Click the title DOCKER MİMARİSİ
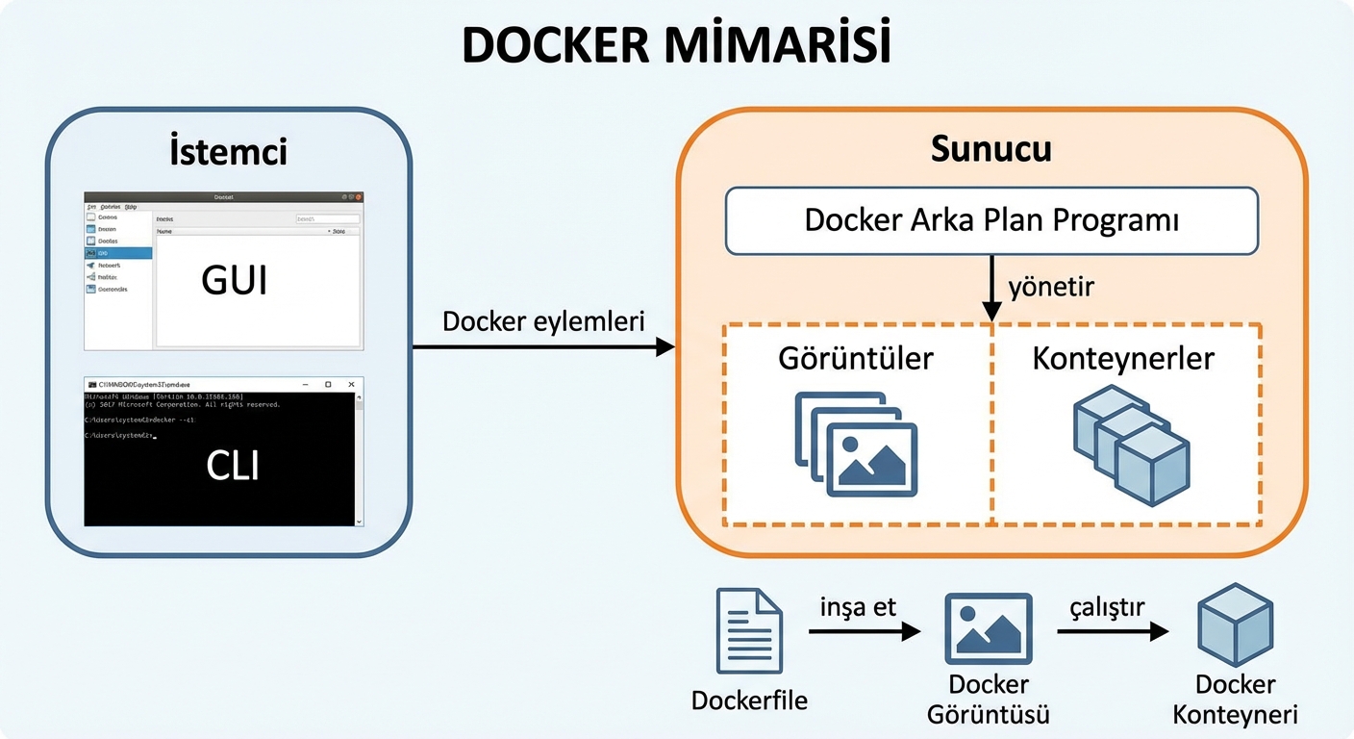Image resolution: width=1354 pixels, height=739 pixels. coord(676,45)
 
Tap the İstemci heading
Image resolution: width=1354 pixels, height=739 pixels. coord(228,151)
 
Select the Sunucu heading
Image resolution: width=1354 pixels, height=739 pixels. coord(990,149)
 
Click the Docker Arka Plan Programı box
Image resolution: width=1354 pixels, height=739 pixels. coord(991,220)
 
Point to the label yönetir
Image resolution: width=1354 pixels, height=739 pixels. coord(1051,287)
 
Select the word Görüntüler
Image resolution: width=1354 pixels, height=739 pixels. coord(856,358)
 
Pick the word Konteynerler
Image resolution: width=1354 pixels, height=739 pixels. coord(1123,358)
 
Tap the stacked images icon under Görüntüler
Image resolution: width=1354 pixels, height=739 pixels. coord(855,444)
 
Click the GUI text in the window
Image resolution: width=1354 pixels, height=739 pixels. coord(234,280)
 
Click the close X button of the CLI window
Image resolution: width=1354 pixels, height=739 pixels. coord(351,384)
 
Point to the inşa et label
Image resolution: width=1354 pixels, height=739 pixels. coord(858,606)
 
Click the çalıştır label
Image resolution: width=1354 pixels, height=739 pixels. coord(1106,607)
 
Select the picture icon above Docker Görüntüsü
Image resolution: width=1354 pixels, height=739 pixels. coord(988,628)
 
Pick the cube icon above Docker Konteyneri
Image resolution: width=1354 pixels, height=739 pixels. coord(1235,625)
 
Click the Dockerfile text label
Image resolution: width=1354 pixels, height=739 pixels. coord(749,700)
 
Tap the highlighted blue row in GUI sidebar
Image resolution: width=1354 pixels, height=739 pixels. coord(118,253)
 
